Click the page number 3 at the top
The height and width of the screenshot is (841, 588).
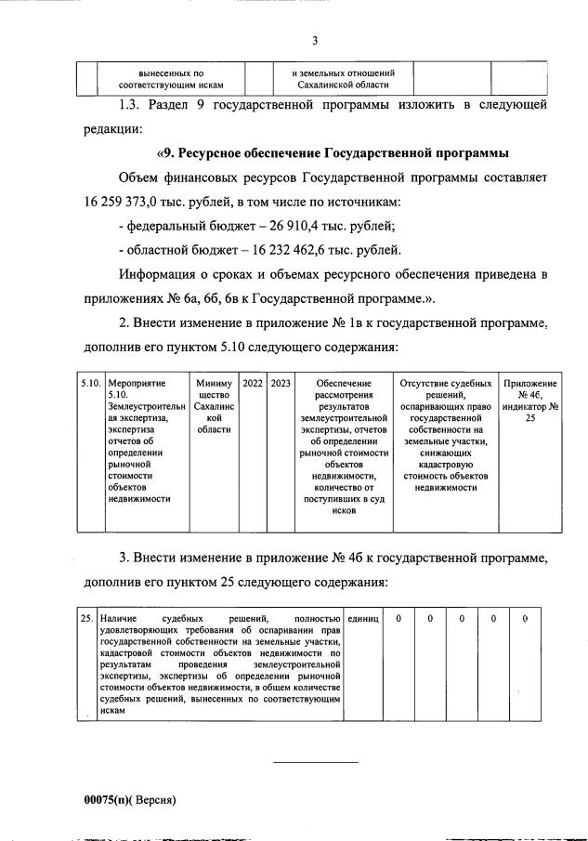tap(315, 40)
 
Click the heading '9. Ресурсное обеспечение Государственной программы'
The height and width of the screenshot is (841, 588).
tap(336, 152)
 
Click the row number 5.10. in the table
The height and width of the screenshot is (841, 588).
tap(90, 383)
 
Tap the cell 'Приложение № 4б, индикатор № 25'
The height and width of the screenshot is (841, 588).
tap(530, 401)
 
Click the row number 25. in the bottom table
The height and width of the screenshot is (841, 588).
tap(85, 618)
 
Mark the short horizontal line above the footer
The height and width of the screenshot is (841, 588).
tap(315, 762)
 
